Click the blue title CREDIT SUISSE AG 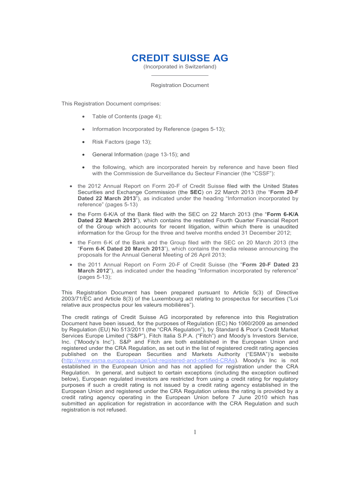[180, 58]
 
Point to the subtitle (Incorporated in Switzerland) [180, 67]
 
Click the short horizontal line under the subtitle [180, 75]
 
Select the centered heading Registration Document [180, 85]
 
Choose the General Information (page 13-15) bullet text [135, 154]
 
